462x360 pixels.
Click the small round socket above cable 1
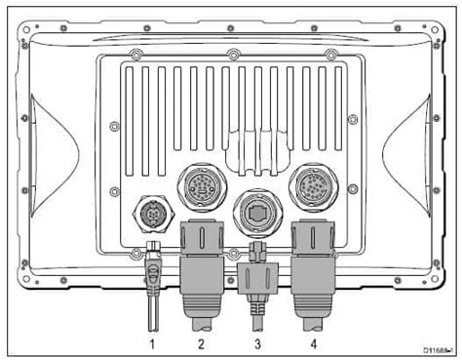152,211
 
